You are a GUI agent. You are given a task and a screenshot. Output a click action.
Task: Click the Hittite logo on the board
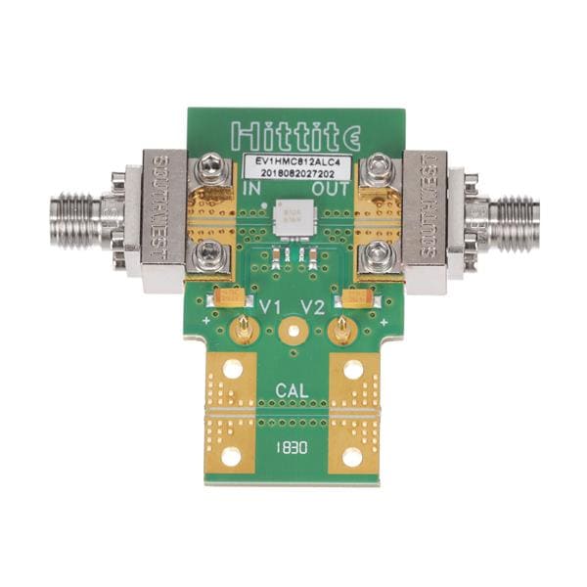tap(293, 133)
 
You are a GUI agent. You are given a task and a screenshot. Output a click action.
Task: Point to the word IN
tap(252, 187)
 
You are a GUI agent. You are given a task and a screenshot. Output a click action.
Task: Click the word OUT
tap(330, 187)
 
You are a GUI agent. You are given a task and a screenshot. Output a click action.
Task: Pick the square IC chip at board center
tap(291, 216)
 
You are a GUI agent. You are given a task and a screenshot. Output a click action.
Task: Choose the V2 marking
tap(314, 307)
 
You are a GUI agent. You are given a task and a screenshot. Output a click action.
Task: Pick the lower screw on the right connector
tap(375, 257)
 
